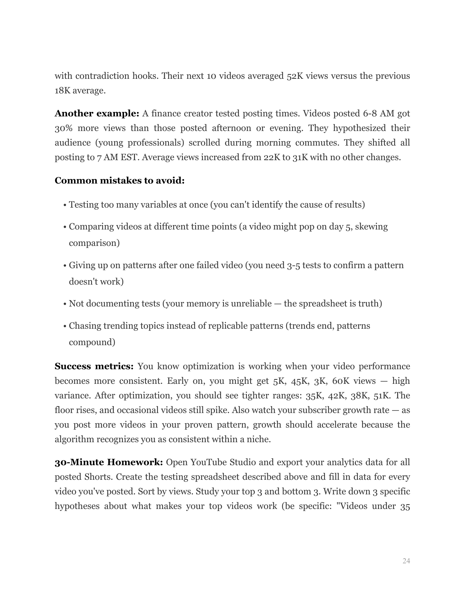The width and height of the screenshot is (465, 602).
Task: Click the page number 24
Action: coord(406,561)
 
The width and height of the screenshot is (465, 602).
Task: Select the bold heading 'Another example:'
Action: coord(97,113)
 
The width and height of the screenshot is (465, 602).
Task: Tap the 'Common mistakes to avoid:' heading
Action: coord(120,181)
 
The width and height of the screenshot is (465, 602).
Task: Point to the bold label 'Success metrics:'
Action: coord(94,366)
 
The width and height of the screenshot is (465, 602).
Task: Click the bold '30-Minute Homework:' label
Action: coord(109,462)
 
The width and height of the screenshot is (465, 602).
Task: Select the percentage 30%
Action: coord(62,128)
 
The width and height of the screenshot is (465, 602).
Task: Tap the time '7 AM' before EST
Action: coord(104,157)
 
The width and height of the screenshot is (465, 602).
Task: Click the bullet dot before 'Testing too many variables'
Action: coord(65,205)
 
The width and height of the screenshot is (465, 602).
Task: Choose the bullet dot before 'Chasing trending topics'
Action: coord(65,326)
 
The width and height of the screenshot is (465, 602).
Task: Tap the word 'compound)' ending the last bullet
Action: coord(92,342)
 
